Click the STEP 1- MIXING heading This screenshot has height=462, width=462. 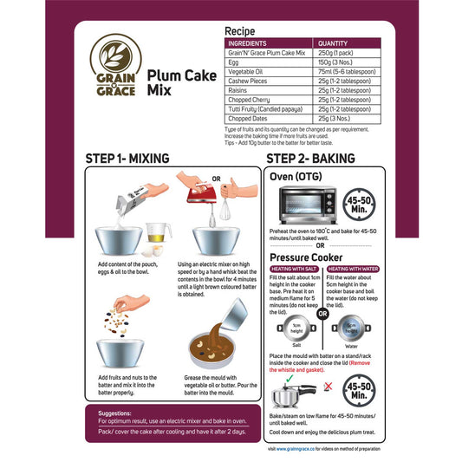point(140,159)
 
